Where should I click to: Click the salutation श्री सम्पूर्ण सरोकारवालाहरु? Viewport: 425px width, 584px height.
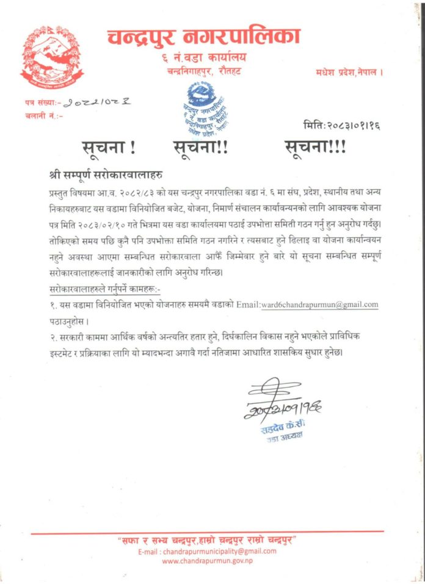point(106,175)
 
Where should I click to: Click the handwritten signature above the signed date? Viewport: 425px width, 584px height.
point(272,391)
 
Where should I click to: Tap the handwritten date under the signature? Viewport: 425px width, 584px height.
point(284,411)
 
